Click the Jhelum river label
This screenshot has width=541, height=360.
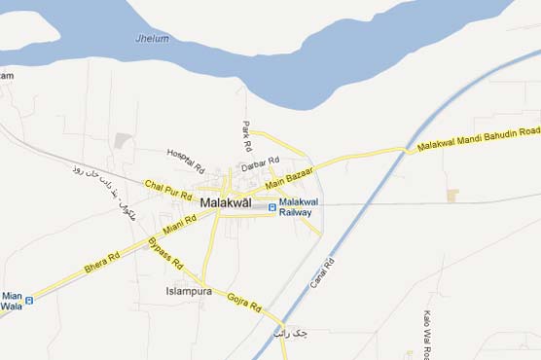154,39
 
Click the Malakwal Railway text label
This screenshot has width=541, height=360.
296,206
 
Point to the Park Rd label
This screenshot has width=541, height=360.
246,134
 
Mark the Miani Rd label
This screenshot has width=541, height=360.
181,226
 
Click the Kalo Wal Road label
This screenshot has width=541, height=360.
428,334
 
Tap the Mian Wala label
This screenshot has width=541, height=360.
12,300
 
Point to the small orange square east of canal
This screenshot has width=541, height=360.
452,195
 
